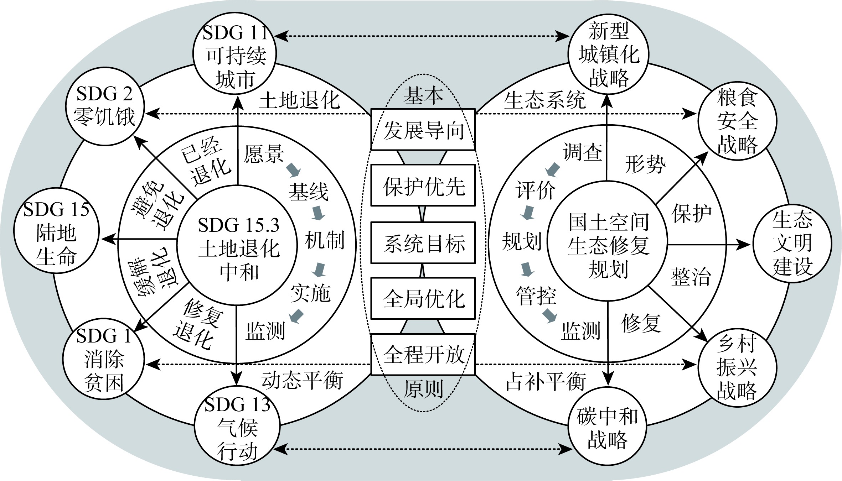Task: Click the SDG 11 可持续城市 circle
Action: point(235,53)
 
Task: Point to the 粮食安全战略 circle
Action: point(737,121)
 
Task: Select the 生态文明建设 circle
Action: point(792,244)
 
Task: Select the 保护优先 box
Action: point(423,185)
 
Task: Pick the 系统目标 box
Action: point(423,243)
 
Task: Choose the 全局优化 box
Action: point(423,299)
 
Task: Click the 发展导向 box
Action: point(423,130)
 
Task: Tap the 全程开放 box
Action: point(423,354)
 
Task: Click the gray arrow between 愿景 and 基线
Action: point(294,170)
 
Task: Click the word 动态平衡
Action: point(302,381)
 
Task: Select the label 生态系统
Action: point(544,100)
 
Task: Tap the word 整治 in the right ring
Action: point(691,277)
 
